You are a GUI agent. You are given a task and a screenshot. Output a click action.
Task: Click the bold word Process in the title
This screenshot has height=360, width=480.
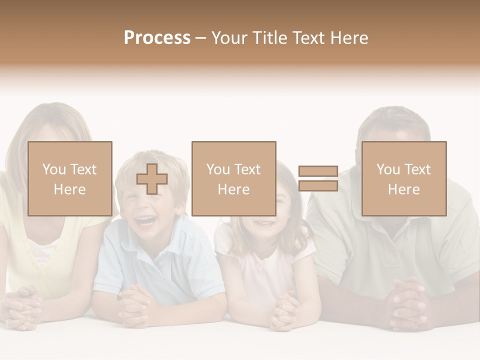157,38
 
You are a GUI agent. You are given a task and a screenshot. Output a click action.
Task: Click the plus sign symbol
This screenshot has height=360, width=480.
152,179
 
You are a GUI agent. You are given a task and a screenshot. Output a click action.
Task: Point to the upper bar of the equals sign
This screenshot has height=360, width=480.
318,171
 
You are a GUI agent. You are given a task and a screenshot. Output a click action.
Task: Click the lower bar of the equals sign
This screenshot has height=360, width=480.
318,185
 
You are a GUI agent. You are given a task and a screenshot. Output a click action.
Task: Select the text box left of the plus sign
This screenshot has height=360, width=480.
70,179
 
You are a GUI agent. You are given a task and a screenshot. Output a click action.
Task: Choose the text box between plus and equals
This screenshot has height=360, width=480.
234,179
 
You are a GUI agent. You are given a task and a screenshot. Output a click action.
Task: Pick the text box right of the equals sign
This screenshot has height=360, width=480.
404,179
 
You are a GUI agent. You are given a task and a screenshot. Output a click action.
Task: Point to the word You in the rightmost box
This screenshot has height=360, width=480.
387,169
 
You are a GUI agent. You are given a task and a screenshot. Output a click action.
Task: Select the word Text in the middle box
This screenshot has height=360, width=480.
247,169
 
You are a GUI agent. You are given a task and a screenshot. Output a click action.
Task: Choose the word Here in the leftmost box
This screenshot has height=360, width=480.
70,189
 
